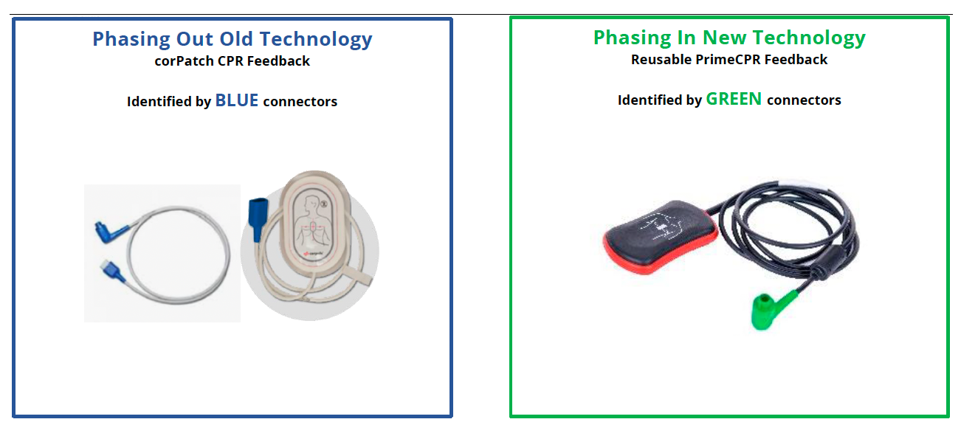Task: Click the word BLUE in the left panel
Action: tap(236, 100)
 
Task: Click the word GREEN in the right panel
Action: tap(734, 99)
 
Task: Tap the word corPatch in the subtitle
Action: tap(182, 61)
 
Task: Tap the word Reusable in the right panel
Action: tap(661, 60)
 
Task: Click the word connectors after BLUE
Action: tap(300, 102)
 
